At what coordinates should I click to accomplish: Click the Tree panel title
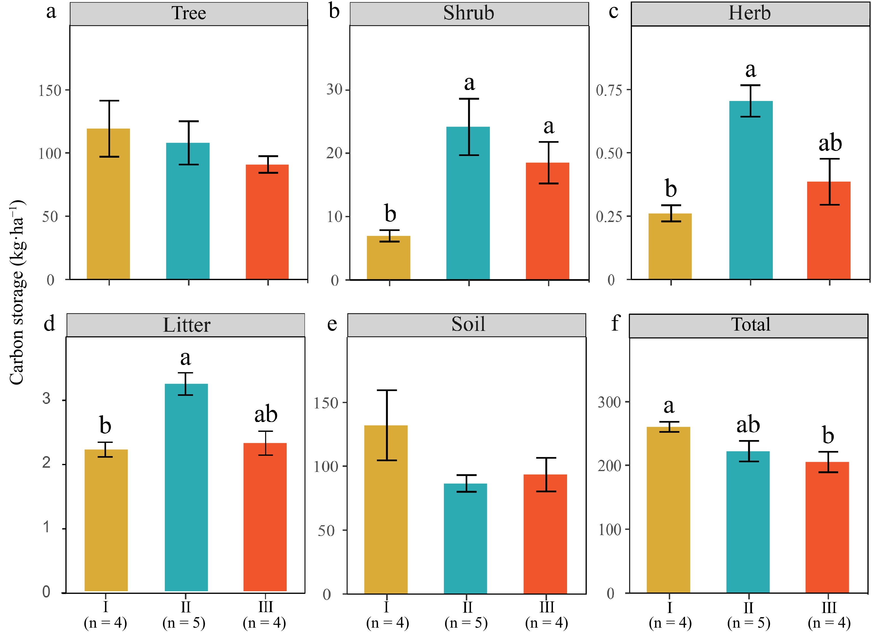(188, 14)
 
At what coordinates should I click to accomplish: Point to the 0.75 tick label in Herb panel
(609, 91)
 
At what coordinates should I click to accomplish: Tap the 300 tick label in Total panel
(609, 403)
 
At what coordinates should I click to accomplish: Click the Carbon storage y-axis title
(17, 293)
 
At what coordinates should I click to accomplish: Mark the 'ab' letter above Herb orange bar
(830, 143)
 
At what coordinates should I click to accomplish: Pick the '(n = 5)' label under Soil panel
(466, 623)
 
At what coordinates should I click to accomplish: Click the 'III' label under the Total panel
(829, 608)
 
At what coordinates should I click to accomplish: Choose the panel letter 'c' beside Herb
(613, 12)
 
